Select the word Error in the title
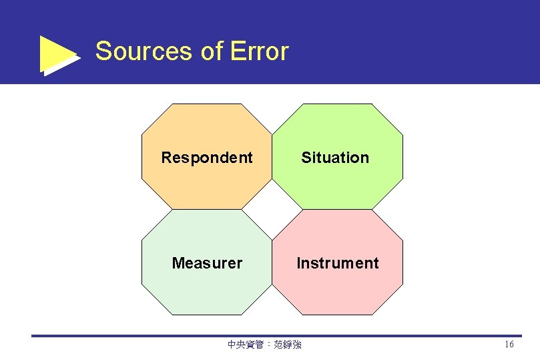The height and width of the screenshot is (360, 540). click(x=259, y=51)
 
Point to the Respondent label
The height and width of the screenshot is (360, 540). click(x=207, y=158)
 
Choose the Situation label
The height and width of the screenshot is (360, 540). click(x=335, y=158)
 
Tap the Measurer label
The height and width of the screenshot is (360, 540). click(x=207, y=263)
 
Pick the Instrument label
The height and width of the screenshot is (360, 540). click(x=338, y=263)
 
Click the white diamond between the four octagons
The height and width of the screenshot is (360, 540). click(x=272, y=209)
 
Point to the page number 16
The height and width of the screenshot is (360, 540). click(x=509, y=345)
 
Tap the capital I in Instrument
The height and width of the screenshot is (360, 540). click(x=299, y=263)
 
